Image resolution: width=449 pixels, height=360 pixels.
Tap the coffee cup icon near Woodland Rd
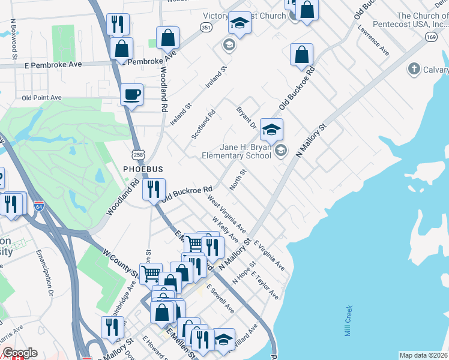tap(132, 94)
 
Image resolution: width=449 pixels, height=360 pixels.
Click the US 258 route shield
tap(138, 155)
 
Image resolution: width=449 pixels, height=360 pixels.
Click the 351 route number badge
tap(206, 28)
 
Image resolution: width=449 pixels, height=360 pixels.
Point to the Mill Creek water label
tap(348, 321)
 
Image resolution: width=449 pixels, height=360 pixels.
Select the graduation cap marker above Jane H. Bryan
tap(271, 129)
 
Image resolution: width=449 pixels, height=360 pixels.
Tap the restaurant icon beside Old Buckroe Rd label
tap(154, 190)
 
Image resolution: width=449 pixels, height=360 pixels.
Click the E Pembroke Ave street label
tap(53, 64)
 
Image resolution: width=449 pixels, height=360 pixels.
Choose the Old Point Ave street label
tap(41, 97)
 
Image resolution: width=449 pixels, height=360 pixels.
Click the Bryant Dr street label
tap(246, 118)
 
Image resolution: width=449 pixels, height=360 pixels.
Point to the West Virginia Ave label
tap(227, 214)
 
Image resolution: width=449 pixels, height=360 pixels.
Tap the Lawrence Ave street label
tap(373, 40)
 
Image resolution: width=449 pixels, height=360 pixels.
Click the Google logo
tap(19, 353)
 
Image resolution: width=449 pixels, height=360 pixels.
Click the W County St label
tap(120, 265)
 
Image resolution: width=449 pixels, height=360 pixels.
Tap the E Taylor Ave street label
tap(265, 286)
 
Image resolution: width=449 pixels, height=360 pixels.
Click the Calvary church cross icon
tap(413, 70)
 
